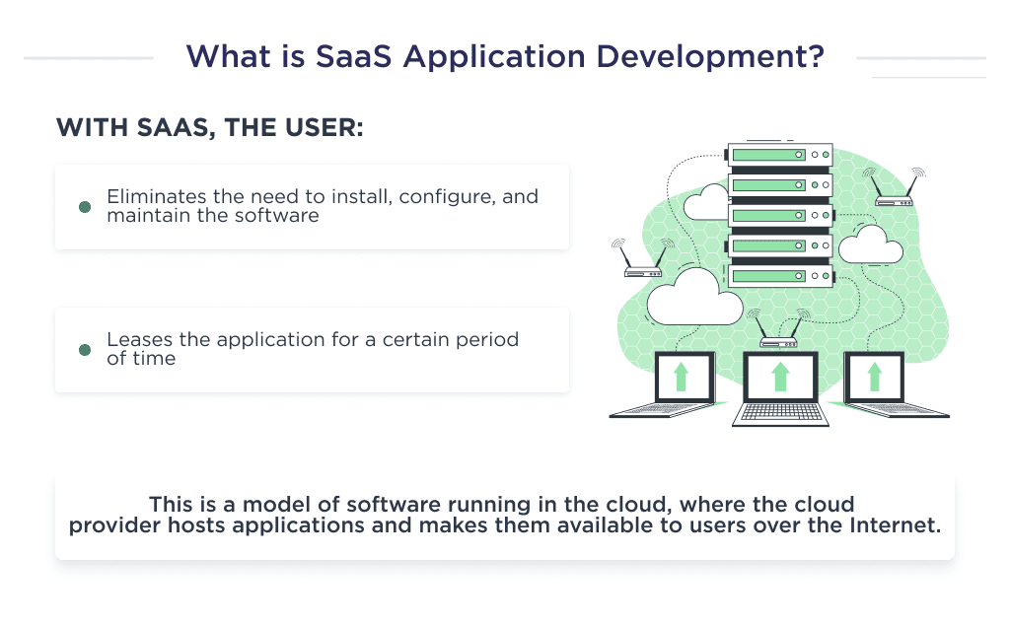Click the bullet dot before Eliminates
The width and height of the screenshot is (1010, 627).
85,206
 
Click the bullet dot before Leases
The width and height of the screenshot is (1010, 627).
85,350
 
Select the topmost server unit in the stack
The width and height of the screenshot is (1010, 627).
779,155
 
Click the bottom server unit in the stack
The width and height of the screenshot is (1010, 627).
779,277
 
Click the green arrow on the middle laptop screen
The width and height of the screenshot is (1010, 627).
780,377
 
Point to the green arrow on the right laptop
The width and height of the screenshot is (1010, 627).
875,377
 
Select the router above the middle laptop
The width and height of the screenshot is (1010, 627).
779,341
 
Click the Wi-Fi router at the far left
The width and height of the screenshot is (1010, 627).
642,272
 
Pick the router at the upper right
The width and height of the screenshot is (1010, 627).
896,199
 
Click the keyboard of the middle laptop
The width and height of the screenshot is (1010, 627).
779,412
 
